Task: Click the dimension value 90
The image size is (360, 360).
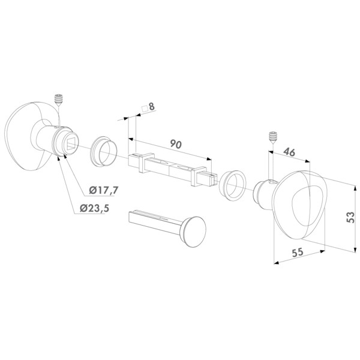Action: (x=176, y=144)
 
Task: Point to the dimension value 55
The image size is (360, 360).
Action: (x=295, y=253)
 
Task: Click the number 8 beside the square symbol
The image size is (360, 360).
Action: (x=152, y=107)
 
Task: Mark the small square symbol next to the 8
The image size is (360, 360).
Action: (x=143, y=109)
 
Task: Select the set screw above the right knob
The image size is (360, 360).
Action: (x=273, y=136)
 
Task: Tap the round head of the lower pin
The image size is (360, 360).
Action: (x=192, y=230)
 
